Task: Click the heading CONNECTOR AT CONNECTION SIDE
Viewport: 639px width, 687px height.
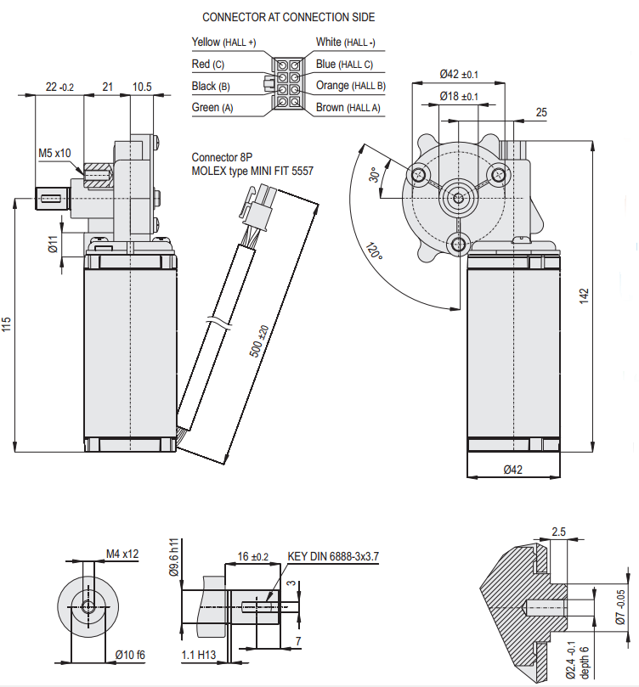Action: click(x=288, y=17)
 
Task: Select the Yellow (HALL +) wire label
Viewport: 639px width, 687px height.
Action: click(x=223, y=42)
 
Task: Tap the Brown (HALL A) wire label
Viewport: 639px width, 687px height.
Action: click(x=348, y=108)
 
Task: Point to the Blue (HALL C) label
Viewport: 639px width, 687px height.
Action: click(x=344, y=64)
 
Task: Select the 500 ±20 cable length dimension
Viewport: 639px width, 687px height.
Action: click(x=260, y=341)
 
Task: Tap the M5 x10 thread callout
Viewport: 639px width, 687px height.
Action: click(x=55, y=154)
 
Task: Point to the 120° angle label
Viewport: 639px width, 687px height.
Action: click(x=373, y=252)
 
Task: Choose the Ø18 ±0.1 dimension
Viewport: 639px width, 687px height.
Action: click(x=460, y=97)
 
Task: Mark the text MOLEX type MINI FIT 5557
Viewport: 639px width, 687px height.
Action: click(x=252, y=171)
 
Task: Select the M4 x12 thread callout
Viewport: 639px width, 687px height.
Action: click(x=122, y=554)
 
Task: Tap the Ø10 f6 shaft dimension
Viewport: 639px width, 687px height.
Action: click(x=130, y=655)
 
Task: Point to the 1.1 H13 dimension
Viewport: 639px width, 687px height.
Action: click(x=198, y=655)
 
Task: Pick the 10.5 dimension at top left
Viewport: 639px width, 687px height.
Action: click(x=142, y=87)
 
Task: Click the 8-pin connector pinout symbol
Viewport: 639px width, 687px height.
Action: click(x=285, y=86)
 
